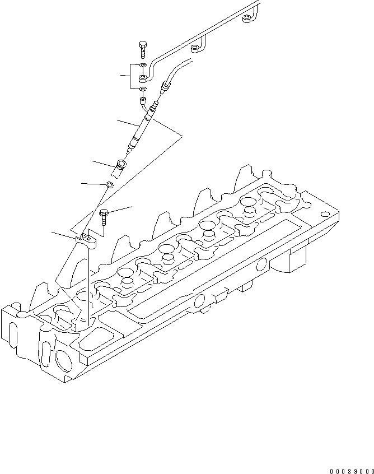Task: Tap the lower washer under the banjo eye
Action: click(143, 89)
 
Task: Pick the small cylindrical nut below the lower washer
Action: click(143, 102)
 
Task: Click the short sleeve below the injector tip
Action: click(121, 166)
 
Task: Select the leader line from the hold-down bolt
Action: click(121, 210)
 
